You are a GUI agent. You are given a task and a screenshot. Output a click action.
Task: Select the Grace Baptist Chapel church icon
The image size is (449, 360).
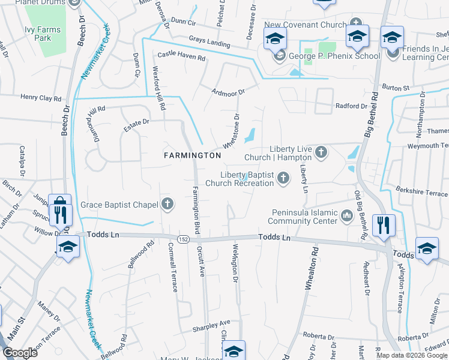point(167,205)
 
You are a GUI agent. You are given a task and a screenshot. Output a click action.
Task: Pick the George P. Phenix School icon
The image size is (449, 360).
point(279,56)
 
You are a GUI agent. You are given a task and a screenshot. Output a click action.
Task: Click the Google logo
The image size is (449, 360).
point(20,353)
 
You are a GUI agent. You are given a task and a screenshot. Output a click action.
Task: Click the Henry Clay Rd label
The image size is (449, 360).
point(41,98)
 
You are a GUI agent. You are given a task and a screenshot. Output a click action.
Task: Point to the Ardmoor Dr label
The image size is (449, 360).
point(229,92)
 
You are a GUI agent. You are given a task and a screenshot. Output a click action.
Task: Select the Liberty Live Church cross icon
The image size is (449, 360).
point(321,152)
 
